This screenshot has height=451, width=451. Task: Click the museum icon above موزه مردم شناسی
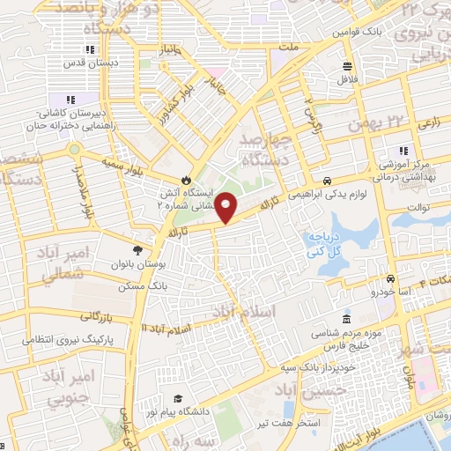click(347, 317)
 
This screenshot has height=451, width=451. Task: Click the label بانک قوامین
click(355, 32)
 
